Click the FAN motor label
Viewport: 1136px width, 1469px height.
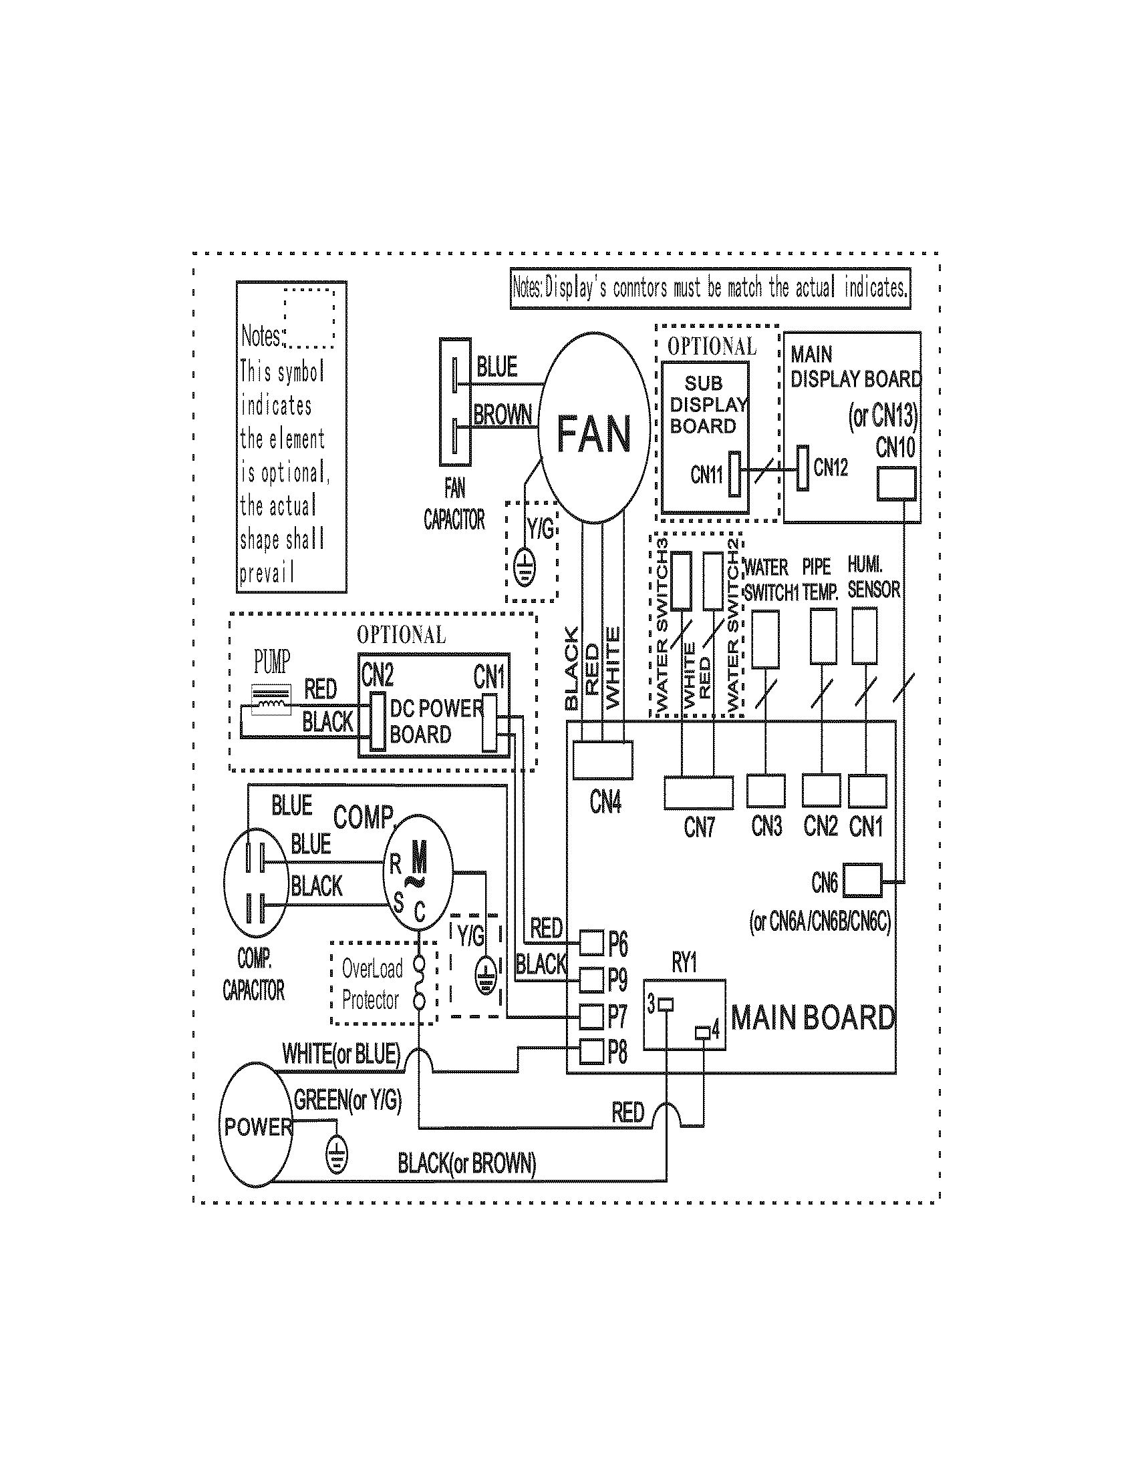tap(593, 434)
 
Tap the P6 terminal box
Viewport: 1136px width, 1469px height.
tap(591, 943)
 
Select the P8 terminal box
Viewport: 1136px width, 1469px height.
tap(591, 1051)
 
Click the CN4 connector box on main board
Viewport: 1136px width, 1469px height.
tap(602, 759)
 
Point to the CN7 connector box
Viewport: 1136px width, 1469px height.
tap(698, 793)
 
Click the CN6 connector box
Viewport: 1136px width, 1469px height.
tap(862, 881)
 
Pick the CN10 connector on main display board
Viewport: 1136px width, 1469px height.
tap(895, 484)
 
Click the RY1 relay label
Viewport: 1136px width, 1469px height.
tap(684, 963)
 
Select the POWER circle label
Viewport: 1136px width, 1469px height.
tap(258, 1126)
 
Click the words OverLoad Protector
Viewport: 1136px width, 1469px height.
tap(372, 984)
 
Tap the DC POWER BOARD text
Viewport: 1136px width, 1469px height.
tap(436, 721)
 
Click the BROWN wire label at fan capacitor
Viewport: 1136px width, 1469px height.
tap(502, 415)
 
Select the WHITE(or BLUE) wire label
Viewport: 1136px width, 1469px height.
tap(341, 1054)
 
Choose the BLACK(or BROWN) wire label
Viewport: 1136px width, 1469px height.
tap(466, 1163)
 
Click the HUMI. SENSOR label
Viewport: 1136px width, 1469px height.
tap(873, 578)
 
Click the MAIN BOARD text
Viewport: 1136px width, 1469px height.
tap(813, 1018)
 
